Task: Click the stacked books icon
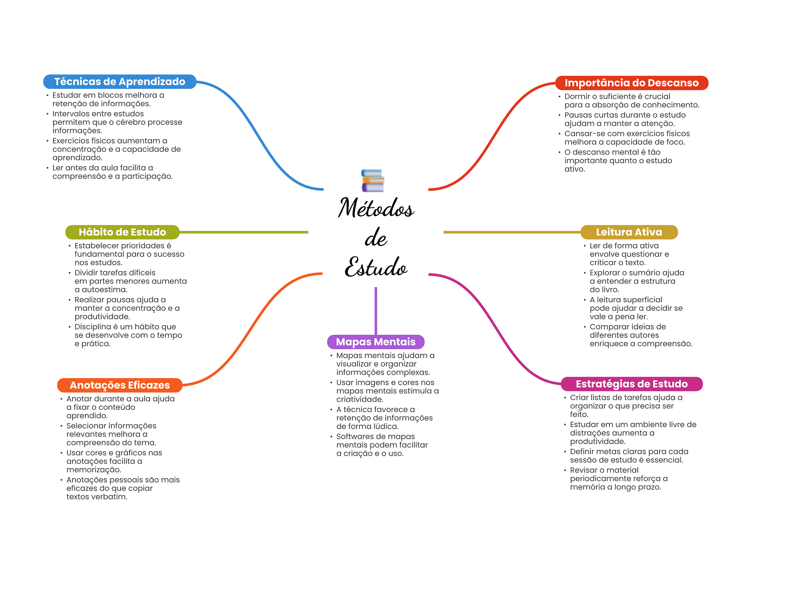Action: (373, 181)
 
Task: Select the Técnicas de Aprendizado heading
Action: (119, 82)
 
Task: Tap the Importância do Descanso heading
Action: (632, 83)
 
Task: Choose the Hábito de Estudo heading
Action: (122, 232)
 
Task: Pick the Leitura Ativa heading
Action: (629, 232)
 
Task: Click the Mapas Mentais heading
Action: (376, 342)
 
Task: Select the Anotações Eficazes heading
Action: (119, 385)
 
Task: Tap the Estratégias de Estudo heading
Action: (632, 384)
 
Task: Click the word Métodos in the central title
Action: (376, 208)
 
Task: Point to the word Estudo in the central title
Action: (376, 267)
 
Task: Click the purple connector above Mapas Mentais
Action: (376, 310)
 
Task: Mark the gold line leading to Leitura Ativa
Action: (512, 232)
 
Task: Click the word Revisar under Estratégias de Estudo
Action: (584, 470)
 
